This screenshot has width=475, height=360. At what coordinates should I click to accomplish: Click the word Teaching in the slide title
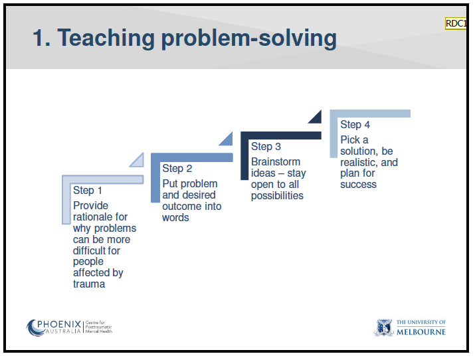[106, 38]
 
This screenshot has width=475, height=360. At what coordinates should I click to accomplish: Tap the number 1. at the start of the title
[41, 38]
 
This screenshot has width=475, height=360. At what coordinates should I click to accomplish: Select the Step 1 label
[87, 191]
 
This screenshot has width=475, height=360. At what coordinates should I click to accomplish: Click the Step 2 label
[177, 169]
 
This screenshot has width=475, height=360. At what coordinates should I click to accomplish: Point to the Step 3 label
[266, 147]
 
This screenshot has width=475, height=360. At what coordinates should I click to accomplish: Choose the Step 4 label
[355, 125]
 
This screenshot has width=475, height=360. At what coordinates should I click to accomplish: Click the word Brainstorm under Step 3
[276, 161]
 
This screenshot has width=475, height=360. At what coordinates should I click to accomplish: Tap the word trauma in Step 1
[89, 284]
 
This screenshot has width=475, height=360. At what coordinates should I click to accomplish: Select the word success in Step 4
[358, 185]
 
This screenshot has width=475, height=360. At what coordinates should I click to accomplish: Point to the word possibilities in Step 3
[277, 196]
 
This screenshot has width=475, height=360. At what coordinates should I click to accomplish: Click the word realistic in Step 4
[359, 162]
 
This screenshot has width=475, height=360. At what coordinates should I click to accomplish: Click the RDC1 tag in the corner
[455, 24]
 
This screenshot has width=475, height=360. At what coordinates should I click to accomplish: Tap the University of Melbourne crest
[384, 327]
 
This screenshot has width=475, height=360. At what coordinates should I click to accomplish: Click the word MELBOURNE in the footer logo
[421, 332]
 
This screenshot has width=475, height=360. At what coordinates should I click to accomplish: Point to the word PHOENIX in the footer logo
[59, 324]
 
